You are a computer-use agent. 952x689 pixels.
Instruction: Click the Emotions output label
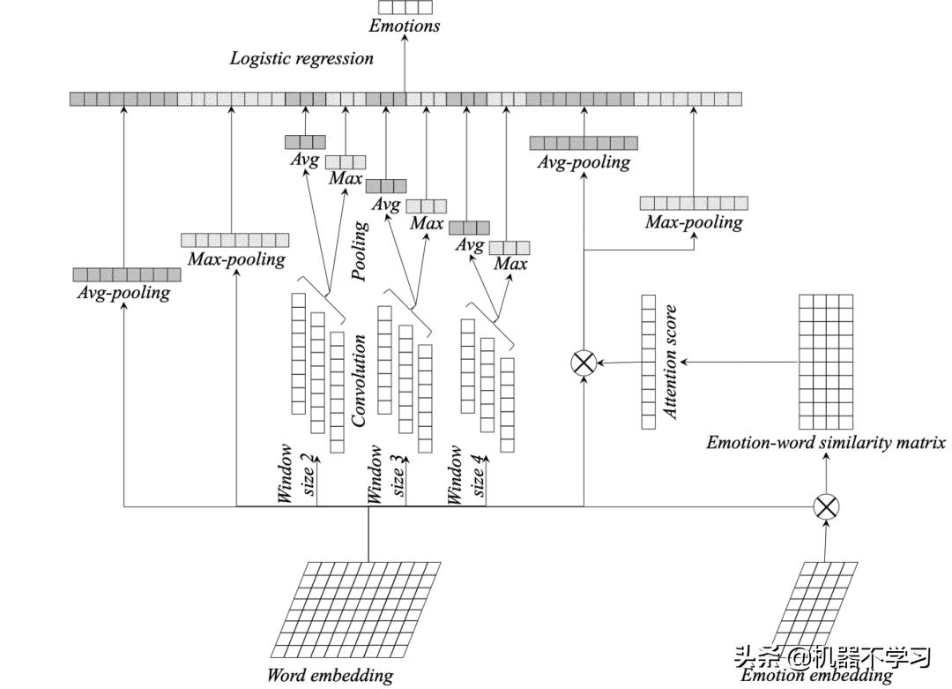tap(405, 26)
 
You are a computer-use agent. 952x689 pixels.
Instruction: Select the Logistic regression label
tap(301, 59)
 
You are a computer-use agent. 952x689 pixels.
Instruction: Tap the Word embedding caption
tap(330, 677)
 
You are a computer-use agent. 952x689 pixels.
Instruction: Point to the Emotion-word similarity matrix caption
tap(825, 443)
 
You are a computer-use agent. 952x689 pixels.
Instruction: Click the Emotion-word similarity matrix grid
tap(826, 361)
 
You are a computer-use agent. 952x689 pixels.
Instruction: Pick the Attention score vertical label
tap(671, 362)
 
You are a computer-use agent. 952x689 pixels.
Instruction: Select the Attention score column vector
tap(649, 362)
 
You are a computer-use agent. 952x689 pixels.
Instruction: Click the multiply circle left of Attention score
tap(584, 362)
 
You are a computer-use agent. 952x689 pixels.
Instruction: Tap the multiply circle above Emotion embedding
tap(826, 506)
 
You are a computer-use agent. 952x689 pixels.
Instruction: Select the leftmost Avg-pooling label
tap(123, 293)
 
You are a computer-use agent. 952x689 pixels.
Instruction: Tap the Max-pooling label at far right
tap(694, 222)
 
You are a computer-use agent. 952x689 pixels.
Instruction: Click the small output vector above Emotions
tap(405, 7)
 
